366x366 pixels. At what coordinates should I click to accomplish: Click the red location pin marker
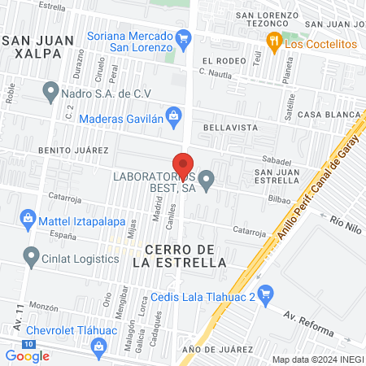(183, 163)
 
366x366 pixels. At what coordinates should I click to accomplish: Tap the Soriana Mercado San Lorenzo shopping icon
(184, 37)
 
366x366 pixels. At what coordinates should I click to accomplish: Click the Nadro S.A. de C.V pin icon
(51, 92)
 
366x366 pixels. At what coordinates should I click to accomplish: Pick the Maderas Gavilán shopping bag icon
(173, 115)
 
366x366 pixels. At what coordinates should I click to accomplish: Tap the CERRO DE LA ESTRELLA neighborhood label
(185, 255)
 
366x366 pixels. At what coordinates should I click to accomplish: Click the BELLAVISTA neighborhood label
(230, 129)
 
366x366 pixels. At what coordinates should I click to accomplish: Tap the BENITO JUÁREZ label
(72, 150)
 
